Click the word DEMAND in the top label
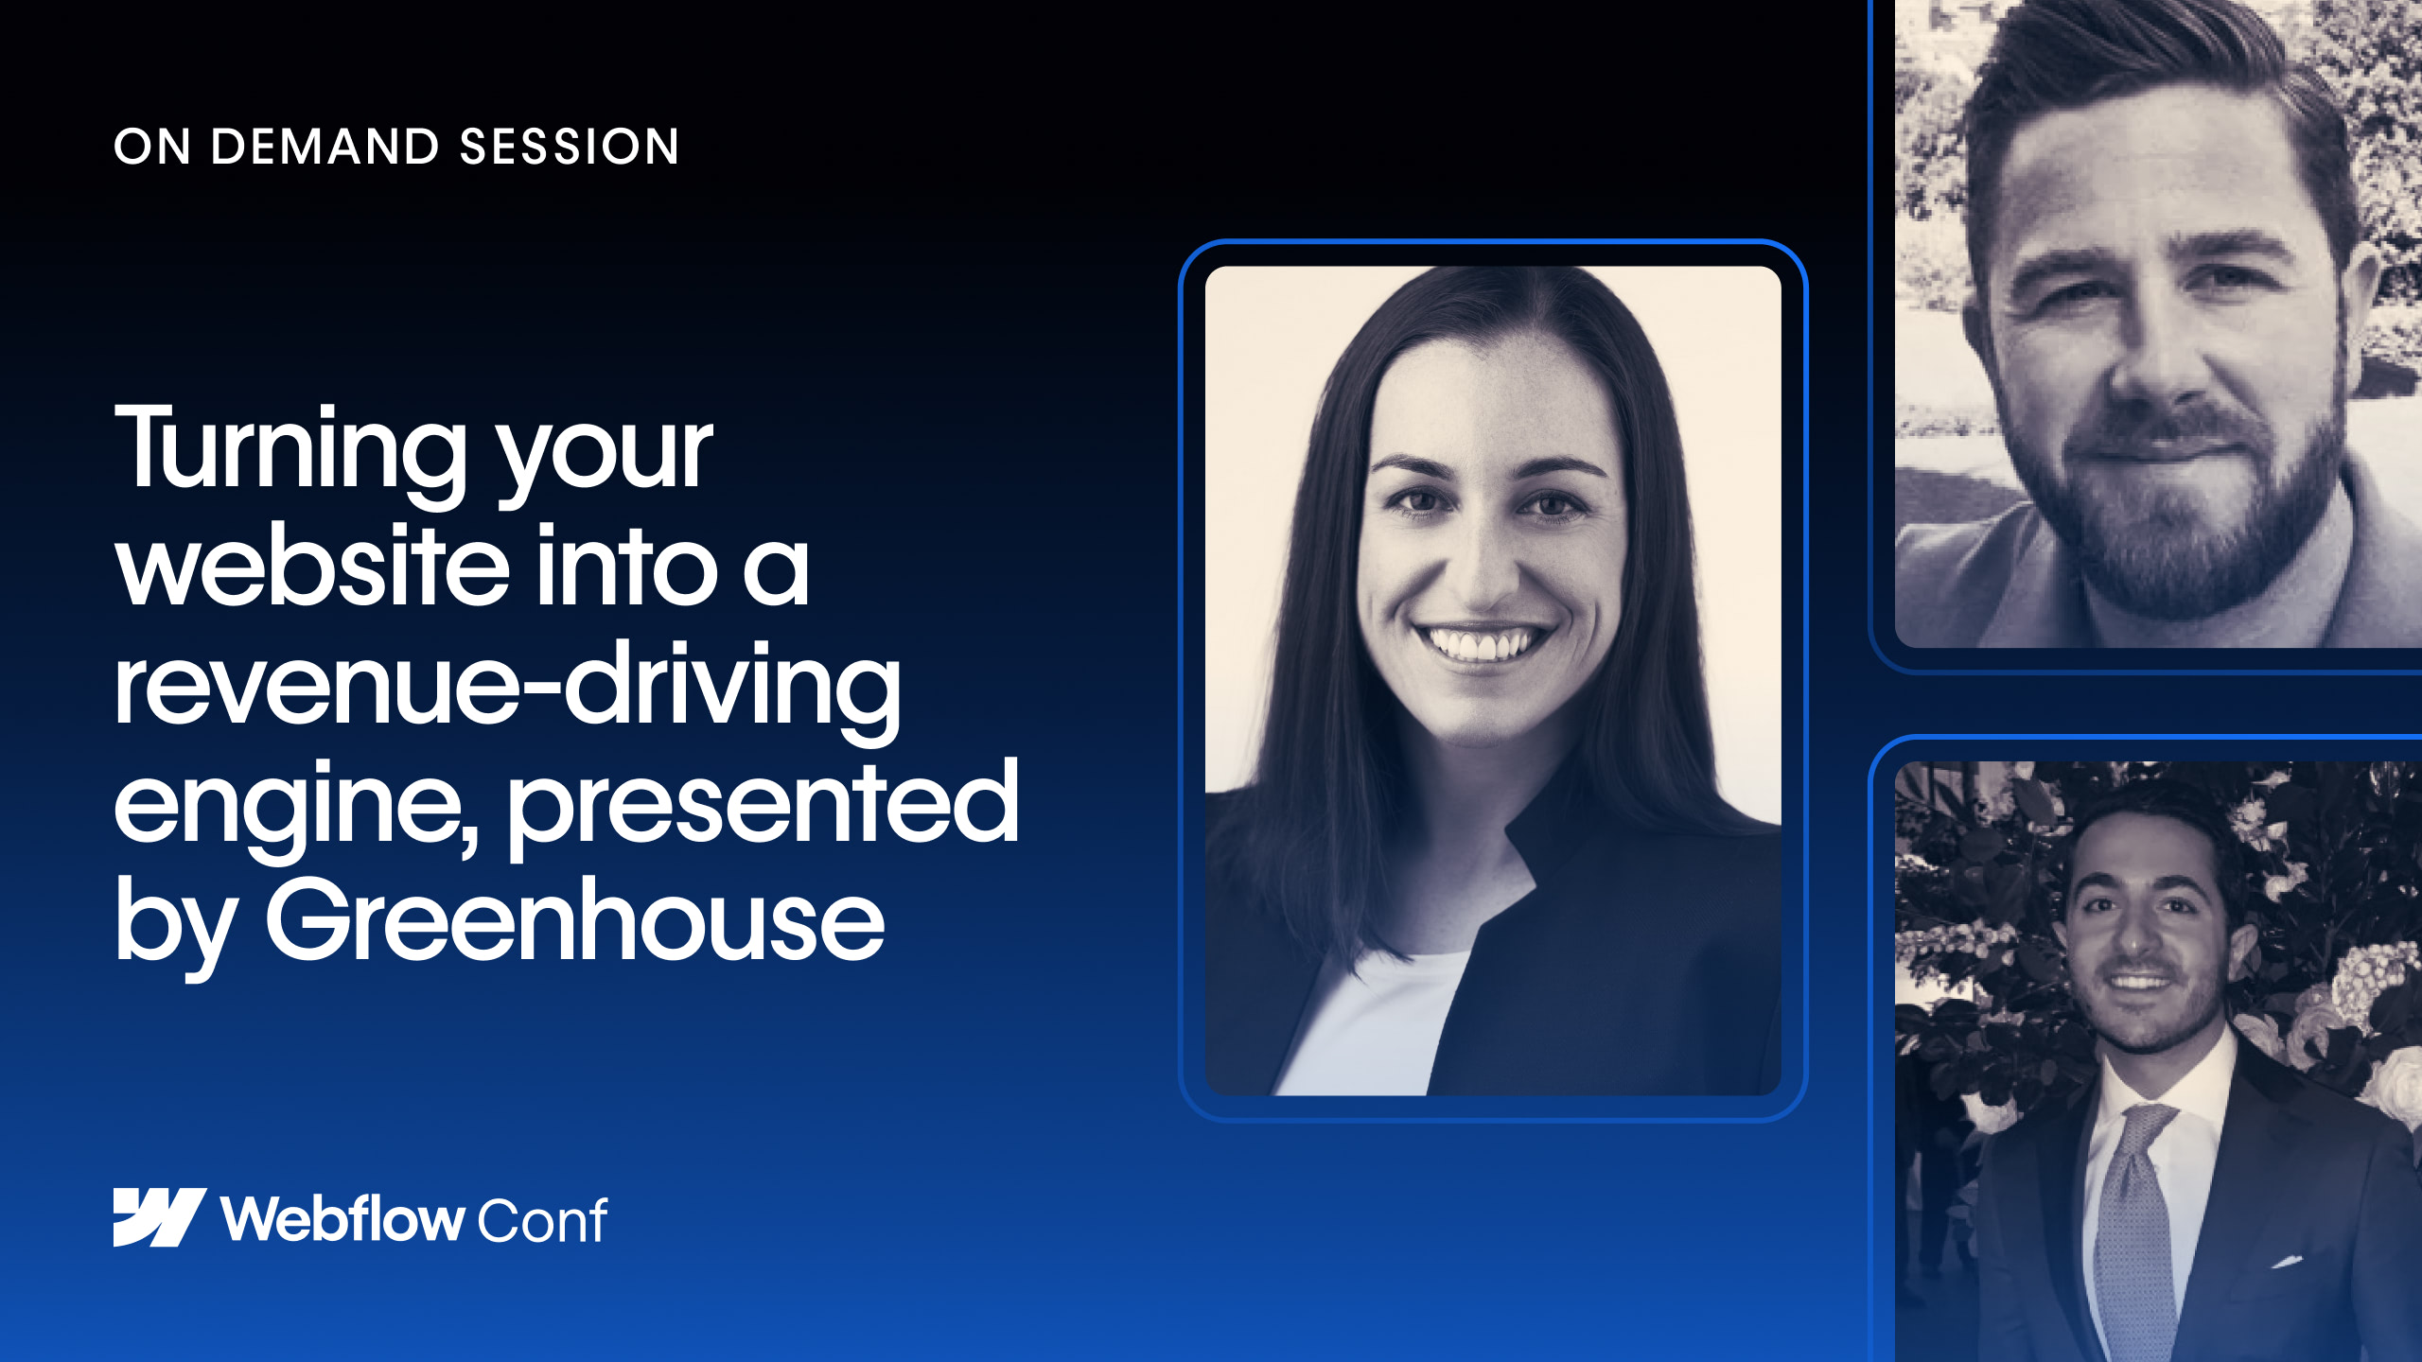(325, 147)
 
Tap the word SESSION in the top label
(570, 147)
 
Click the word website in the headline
(313, 565)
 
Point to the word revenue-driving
(508, 688)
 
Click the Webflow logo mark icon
(160, 1217)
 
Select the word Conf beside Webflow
(542, 1220)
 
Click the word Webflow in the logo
(342, 1218)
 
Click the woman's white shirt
(1372, 1026)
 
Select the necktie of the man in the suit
(2134, 1230)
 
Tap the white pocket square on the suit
(2288, 1261)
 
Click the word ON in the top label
(152, 148)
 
